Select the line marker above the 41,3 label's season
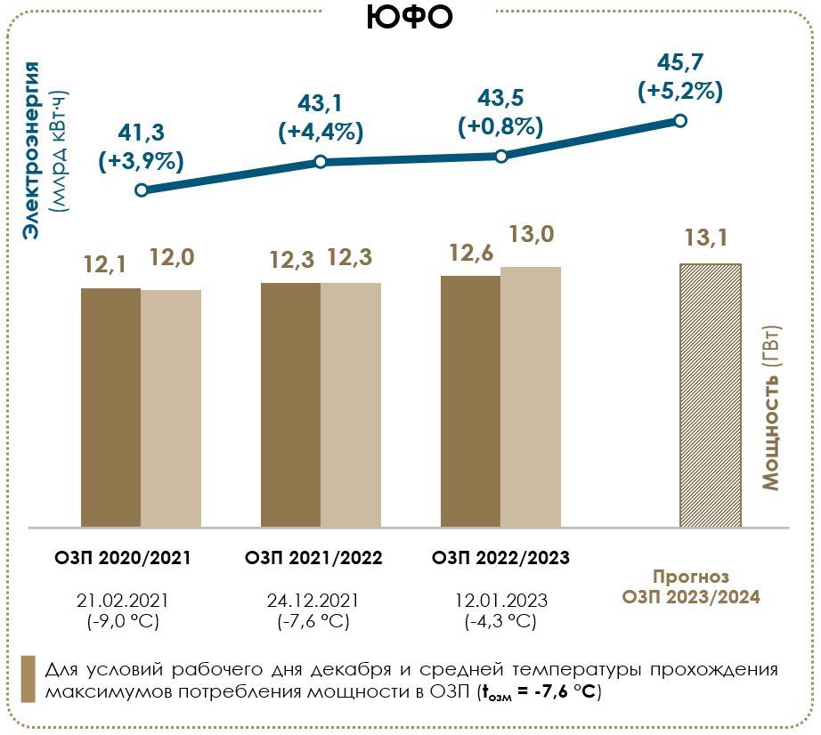pos(141,190)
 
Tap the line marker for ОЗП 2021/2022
pos(321,162)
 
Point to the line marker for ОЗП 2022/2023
pos(501,156)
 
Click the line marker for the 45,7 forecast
pos(680,120)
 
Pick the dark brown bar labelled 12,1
pos(110,407)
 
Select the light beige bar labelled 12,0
pos(171,408)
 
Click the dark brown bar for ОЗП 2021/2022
pos(290,404)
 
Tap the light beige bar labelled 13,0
pos(531,396)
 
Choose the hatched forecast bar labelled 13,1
pos(711,394)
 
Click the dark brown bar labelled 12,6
pos(470,400)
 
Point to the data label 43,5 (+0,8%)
pos(500,111)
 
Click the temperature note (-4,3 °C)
pos(500,621)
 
